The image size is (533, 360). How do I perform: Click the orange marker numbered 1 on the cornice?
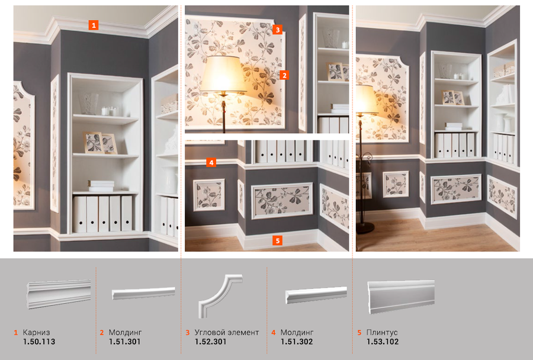[94, 25]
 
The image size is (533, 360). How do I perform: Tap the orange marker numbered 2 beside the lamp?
[284, 75]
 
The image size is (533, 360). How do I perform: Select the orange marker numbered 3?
[277, 30]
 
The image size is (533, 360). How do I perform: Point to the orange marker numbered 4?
[211, 162]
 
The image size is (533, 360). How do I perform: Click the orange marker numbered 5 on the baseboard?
[277, 240]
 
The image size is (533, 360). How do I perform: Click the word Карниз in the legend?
[36, 332]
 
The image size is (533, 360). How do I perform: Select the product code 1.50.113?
[38, 342]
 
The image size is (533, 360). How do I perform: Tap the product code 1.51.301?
[124, 342]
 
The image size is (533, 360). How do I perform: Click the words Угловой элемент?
[227, 332]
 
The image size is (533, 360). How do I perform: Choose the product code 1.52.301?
[210, 342]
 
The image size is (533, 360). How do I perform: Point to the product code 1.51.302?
[297, 342]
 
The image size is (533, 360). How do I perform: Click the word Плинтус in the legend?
[382, 332]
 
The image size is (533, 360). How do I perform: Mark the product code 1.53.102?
[383, 342]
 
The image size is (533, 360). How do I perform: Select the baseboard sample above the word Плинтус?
[401, 297]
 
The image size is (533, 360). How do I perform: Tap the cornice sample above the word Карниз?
[59, 294]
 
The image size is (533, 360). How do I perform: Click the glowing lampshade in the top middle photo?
[223, 74]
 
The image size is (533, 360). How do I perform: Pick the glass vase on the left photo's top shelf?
[88, 104]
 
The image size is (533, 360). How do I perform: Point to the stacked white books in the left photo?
[101, 186]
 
